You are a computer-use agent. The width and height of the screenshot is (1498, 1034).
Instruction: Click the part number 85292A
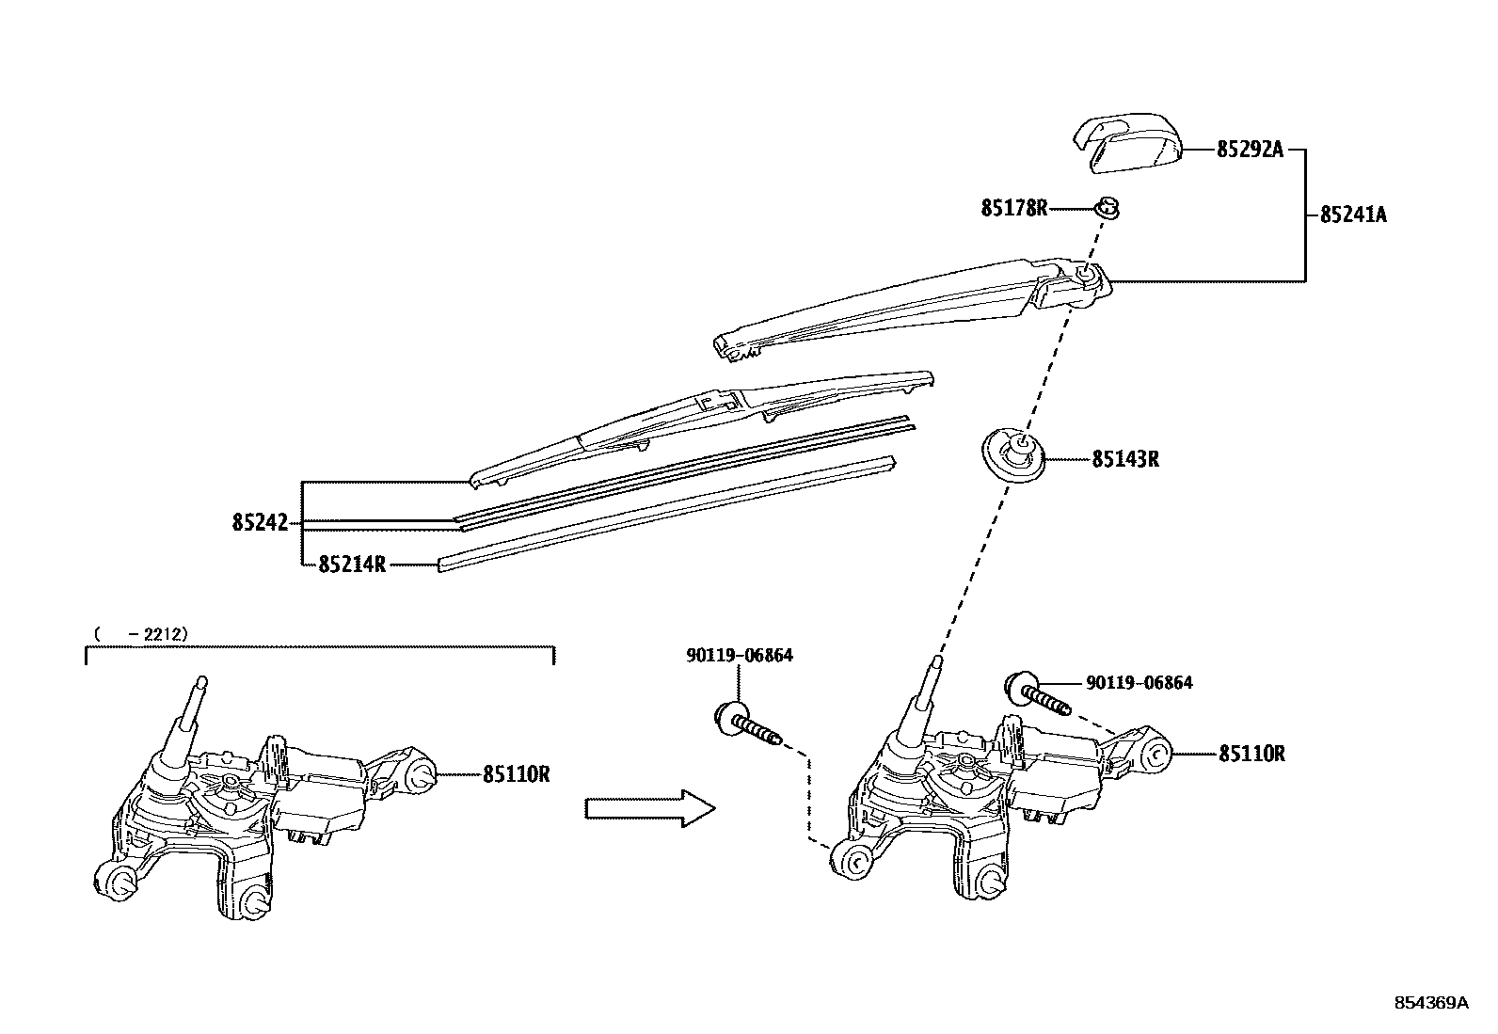(1250, 150)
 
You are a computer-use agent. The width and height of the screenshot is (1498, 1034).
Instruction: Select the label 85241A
(1353, 215)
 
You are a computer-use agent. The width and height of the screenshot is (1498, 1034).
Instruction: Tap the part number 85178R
(1013, 208)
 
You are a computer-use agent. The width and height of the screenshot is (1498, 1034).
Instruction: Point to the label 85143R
(1124, 459)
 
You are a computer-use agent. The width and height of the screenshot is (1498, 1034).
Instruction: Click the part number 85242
(260, 522)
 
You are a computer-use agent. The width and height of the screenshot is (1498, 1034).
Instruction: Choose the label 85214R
(352, 565)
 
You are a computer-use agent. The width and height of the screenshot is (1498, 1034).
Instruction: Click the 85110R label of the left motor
(516, 774)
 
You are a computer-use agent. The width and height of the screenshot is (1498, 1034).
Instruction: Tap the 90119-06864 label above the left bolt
(739, 655)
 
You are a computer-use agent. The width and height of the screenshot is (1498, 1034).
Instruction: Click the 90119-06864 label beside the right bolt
(1139, 683)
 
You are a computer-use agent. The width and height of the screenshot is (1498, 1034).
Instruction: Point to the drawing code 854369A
(1430, 1003)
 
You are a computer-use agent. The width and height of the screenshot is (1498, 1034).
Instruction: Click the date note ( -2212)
(141, 634)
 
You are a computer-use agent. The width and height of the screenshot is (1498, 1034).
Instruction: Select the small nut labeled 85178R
(1108, 208)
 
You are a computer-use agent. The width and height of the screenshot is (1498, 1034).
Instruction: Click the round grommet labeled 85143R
(1015, 454)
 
